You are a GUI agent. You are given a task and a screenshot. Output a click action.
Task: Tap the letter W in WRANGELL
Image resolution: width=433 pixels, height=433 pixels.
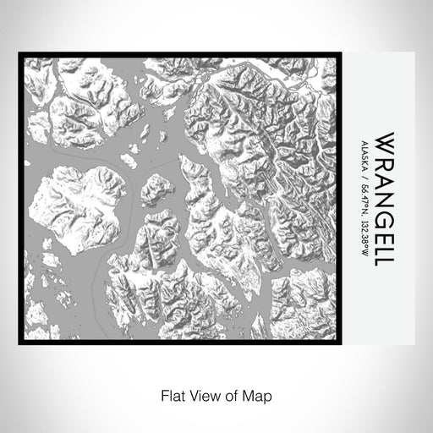(x=384, y=137)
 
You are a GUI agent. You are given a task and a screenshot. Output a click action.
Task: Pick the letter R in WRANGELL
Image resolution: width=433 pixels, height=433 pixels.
(x=384, y=156)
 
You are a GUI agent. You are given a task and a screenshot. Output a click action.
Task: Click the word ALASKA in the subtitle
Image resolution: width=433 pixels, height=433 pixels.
(x=364, y=154)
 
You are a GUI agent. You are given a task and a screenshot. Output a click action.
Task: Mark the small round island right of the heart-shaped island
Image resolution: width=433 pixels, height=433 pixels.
(x=156, y=189)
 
